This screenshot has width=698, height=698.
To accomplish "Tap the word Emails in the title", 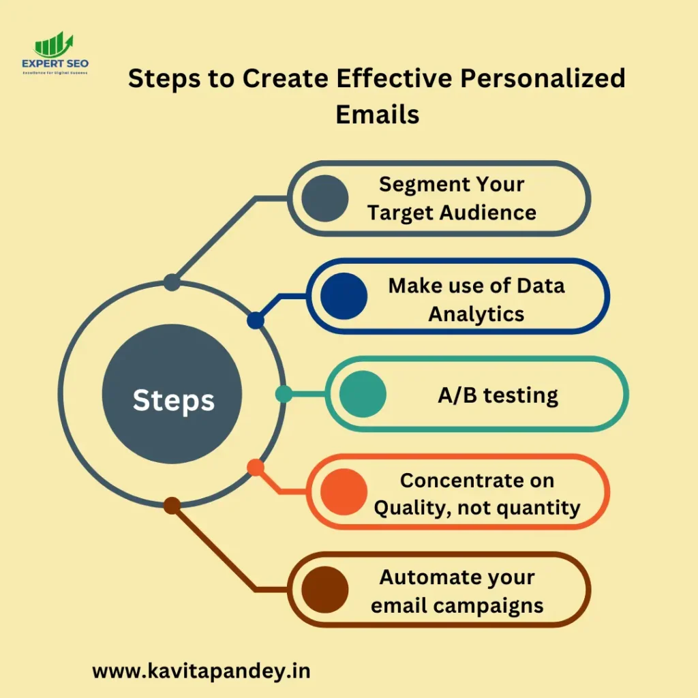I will (x=377, y=114).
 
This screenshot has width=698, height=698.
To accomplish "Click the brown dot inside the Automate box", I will (x=325, y=590).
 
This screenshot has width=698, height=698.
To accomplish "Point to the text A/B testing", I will (x=498, y=395).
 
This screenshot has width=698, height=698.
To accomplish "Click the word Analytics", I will (x=476, y=314).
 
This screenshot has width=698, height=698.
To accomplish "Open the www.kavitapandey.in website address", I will (x=201, y=671).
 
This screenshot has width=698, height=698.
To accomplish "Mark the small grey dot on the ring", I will (x=172, y=282).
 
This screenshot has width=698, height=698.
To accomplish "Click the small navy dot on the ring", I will (x=256, y=320).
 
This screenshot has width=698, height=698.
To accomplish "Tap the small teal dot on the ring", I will (x=284, y=394).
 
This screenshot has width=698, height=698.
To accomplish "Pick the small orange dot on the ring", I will (x=256, y=468).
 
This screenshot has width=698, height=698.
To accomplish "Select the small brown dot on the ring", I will (x=172, y=506).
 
